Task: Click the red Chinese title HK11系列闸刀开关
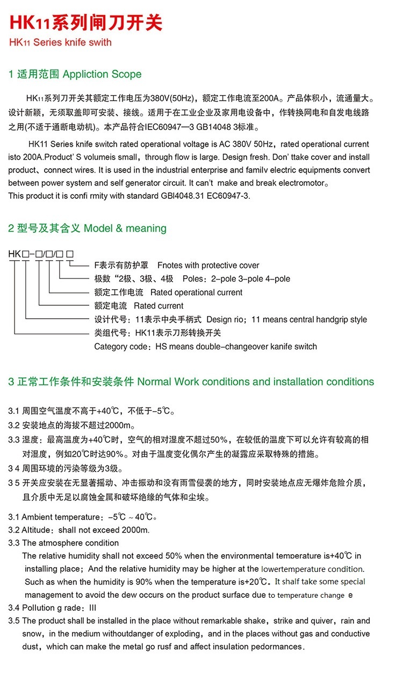coord(85,23)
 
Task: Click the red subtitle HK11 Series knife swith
coord(60,42)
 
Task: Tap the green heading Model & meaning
coord(125,228)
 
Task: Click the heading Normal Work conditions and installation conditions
coord(255,382)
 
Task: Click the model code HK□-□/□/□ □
coord(41,253)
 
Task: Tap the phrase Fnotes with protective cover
coord(208,266)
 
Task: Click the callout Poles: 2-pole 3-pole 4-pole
coord(236,279)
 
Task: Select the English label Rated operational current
coord(196,292)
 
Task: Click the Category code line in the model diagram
coord(205,346)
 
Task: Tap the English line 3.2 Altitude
coord(78,530)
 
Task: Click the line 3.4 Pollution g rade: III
coord(52,608)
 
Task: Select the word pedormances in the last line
coord(276,647)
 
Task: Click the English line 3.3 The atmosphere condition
coord(63,543)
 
